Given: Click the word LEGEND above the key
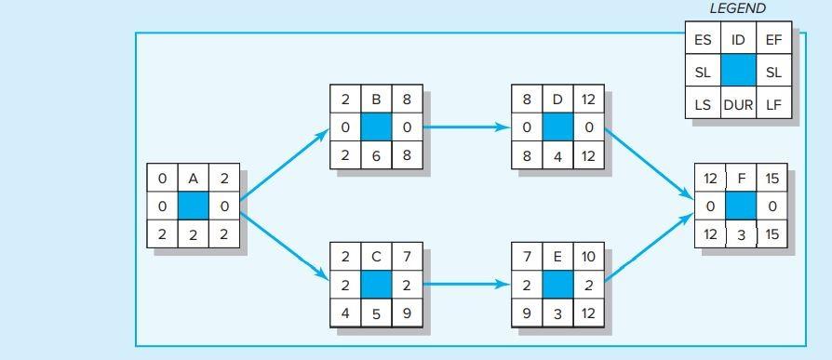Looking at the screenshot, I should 737,8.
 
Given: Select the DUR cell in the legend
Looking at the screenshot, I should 738,104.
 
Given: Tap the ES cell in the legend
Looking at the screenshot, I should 703,39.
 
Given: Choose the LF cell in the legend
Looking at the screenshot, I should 773,104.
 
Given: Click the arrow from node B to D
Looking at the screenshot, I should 467,127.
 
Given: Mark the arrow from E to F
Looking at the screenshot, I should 650,247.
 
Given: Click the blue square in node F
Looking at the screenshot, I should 741,207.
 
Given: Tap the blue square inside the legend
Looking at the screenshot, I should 738,72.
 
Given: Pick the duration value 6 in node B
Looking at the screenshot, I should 376,155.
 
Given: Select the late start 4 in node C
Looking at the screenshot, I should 345,313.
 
